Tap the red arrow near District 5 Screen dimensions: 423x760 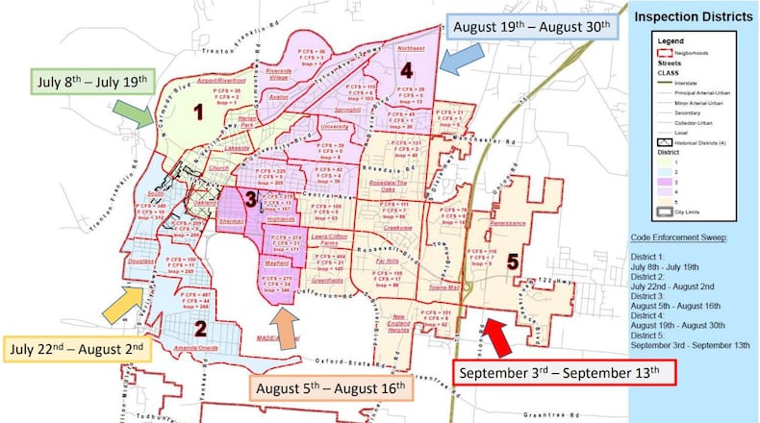tap(498, 337)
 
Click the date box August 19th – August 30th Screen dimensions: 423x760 tap(530, 27)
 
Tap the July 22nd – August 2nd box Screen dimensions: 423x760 tap(77, 348)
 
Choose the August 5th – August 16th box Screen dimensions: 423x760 tap(331, 387)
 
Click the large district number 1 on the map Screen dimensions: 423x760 tap(198, 112)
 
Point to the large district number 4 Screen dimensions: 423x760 tap(406, 70)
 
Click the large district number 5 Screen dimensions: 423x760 tap(513, 260)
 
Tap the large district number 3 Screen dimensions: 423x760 tap(248, 199)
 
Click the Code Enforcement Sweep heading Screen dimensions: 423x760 tap(686, 237)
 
